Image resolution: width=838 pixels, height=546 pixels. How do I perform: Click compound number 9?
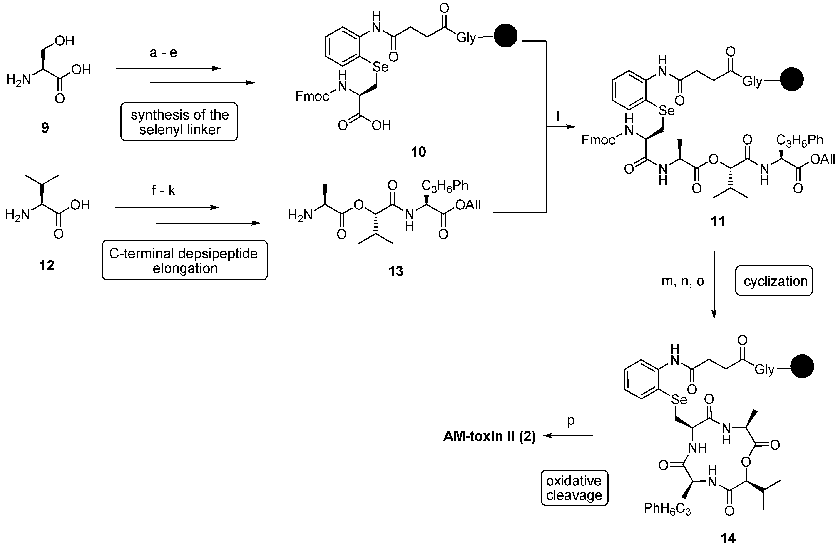click(x=45, y=128)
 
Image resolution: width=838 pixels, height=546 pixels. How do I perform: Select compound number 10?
click(x=418, y=152)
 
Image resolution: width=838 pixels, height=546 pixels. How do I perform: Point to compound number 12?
click(x=47, y=266)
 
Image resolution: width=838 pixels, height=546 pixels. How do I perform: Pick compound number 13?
click(x=396, y=271)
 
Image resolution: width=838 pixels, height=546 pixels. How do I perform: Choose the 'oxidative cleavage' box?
click(x=574, y=488)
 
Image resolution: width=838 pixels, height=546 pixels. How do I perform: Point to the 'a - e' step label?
click(x=163, y=53)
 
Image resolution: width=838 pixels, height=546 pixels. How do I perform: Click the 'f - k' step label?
click(x=163, y=191)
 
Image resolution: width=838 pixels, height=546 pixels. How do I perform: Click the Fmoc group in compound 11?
click(x=598, y=140)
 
